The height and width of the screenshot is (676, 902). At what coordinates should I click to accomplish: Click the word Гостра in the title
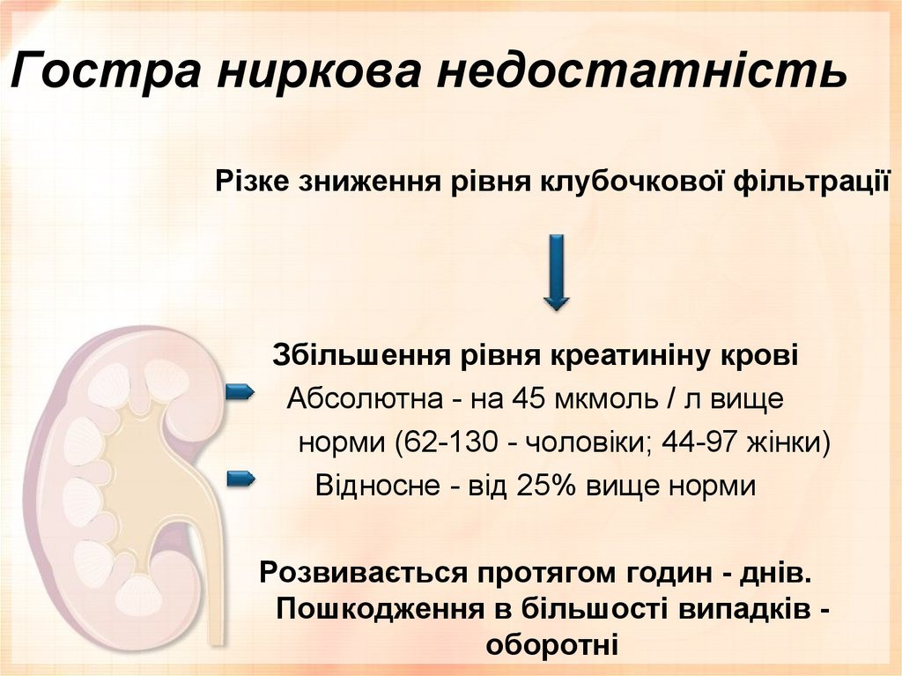tap(103, 71)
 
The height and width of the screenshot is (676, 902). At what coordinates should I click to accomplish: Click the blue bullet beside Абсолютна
tap(240, 391)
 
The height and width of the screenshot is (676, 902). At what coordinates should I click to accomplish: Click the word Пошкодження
tap(379, 608)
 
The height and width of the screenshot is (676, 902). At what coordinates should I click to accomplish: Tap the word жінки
tap(783, 442)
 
